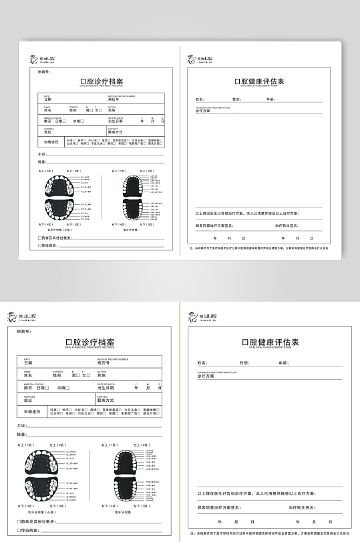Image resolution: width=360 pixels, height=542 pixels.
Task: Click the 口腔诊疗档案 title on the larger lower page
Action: (89, 342)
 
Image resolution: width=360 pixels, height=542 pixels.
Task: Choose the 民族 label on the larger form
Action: (102, 376)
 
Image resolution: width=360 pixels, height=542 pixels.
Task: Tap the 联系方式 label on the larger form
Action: (107, 400)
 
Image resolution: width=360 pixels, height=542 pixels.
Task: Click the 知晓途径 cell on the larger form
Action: (32, 412)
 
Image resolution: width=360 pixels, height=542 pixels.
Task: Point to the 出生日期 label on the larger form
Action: (107, 388)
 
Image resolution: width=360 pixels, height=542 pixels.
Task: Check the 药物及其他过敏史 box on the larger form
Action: (19, 521)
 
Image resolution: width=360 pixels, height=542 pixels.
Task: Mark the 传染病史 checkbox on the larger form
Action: (19, 530)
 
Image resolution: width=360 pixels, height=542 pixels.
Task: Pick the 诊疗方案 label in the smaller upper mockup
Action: (202, 111)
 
